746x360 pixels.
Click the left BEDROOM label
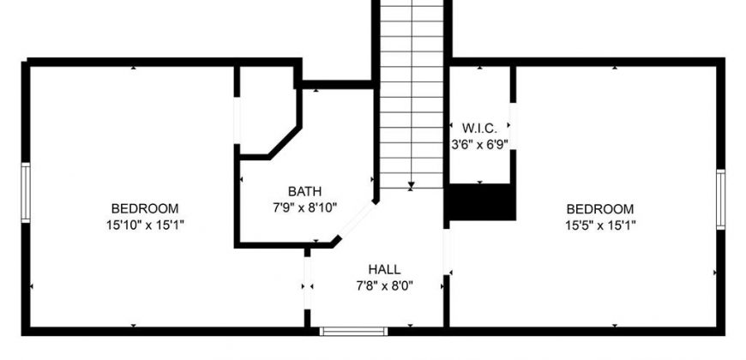145,208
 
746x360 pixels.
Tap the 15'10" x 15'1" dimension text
145,225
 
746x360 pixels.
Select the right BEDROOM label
600,209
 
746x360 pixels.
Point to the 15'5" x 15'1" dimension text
600,225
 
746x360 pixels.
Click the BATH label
305,191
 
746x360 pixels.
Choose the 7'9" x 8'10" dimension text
305,207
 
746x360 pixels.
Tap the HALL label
384,270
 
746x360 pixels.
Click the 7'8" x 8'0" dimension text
384,285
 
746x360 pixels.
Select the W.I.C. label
479,128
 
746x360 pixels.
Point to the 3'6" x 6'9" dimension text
479,144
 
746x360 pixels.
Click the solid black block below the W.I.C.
480,202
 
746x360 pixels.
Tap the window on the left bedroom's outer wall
26,193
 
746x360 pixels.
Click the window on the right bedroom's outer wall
721,199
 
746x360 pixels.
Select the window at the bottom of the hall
353,331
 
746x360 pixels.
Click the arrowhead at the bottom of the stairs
412,185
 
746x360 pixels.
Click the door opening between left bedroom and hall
307,284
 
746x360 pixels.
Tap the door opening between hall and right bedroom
447,252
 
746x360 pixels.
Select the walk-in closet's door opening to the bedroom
514,126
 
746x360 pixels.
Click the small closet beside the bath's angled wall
267,111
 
